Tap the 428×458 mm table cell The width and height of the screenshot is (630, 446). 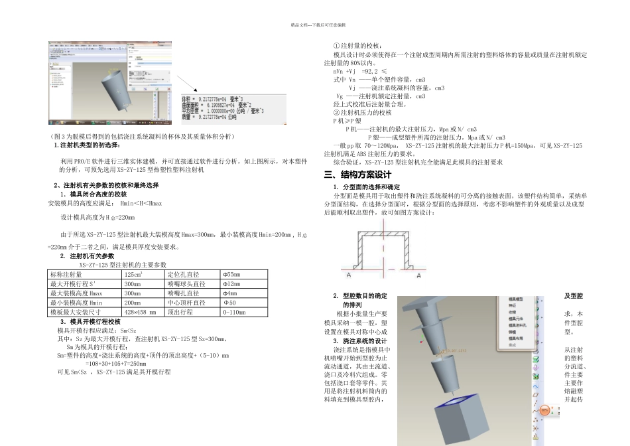point(140,311)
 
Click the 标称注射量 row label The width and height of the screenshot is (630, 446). point(66,274)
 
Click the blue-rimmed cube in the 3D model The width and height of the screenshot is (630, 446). point(459,418)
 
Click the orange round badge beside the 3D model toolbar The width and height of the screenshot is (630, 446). point(545,410)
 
